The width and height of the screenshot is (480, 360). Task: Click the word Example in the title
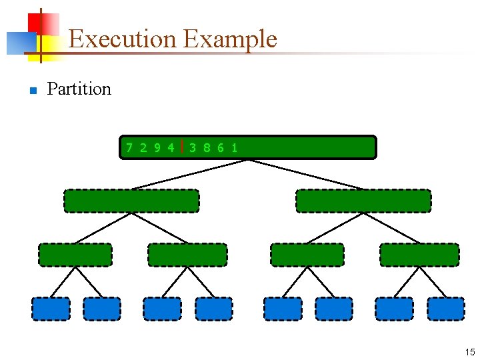(x=230, y=39)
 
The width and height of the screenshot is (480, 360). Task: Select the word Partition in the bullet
(x=79, y=89)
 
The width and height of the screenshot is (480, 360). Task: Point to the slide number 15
(x=470, y=352)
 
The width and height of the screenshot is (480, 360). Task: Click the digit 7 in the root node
(x=129, y=147)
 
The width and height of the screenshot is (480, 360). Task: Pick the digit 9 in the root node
(x=157, y=147)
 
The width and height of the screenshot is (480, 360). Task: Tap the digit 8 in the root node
(x=207, y=147)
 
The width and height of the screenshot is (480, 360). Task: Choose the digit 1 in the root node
(x=234, y=147)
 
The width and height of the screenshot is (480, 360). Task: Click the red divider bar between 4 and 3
(x=182, y=147)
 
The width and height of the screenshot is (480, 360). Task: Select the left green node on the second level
(x=131, y=201)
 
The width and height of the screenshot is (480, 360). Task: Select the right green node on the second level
(x=363, y=201)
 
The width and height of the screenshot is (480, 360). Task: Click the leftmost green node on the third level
(x=75, y=255)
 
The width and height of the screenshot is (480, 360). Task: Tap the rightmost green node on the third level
(x=419, y=255)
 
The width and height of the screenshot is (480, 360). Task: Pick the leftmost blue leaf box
(x=51, y=309)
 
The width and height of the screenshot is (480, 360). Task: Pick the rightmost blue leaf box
(x=445, y=309)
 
